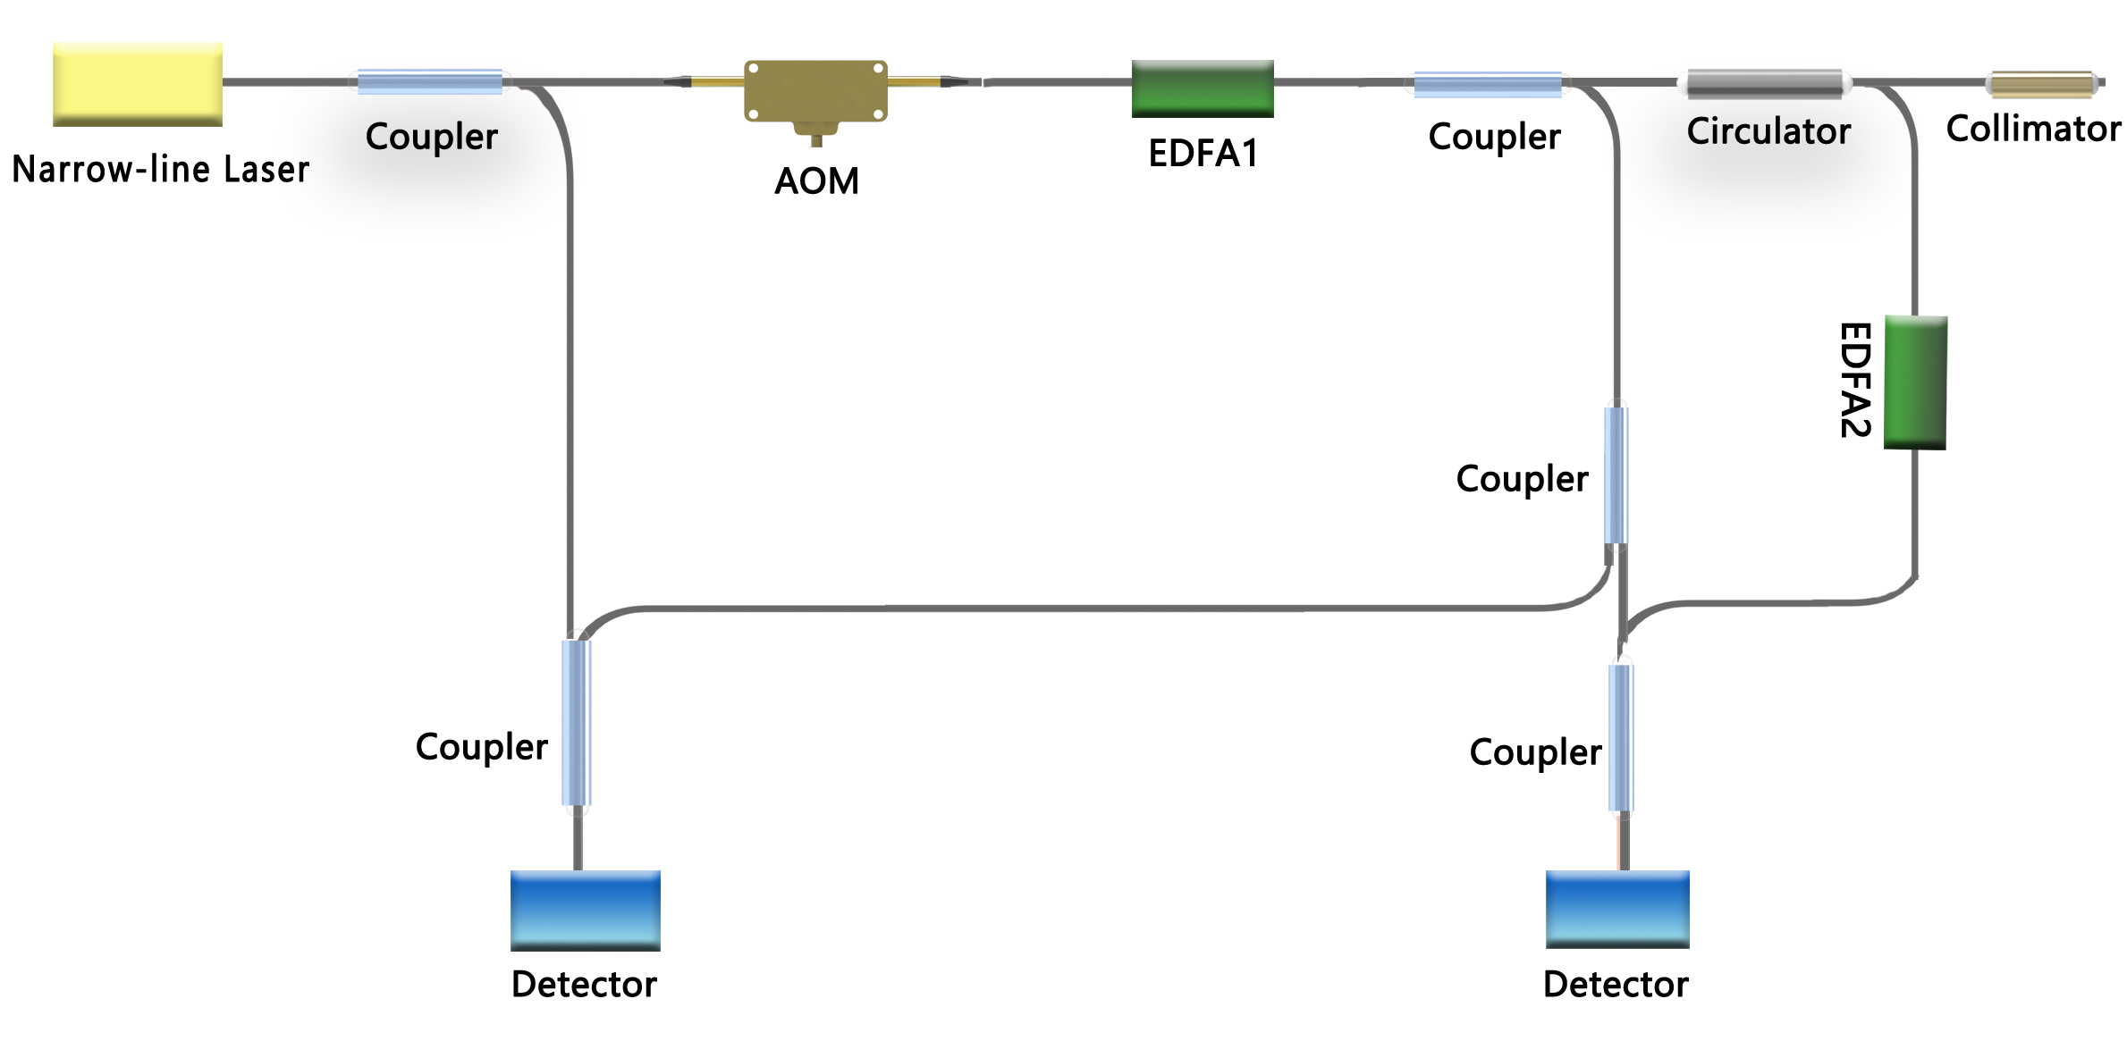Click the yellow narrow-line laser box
[138, 84]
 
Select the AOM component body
[815, 91]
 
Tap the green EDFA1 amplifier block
[1203, 88]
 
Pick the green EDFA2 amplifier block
[1915, 382]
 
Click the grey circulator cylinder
[1766, 84]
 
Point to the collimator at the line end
[2042, 85]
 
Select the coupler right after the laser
[430, 82]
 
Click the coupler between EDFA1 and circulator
[1488, 85]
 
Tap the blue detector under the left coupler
[585, 910]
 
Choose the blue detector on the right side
[1617, 909]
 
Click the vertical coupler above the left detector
[577, 723]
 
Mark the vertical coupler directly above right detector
[1621, 738]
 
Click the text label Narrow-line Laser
[161, 170]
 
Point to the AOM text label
[816, 181]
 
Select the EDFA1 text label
[1203, 154]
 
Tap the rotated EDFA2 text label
[1855, 380]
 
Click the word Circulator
[1768, 131]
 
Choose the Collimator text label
[2033, 130]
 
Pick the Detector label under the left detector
[584, 985]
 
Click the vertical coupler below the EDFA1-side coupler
[1616, 475]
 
